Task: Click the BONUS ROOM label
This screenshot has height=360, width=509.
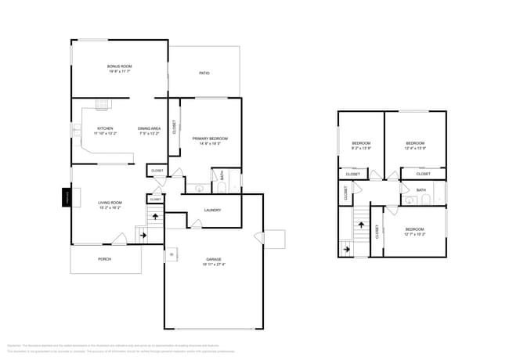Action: coord(120,67)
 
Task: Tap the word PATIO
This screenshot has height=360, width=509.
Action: coord(204,74)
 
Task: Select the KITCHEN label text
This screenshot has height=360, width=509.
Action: coord(105,128)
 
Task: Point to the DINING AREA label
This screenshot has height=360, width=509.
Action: coord(149,128)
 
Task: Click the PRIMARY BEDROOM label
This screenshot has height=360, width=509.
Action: coord(208,139)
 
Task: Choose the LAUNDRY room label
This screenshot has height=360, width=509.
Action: coord(211,210)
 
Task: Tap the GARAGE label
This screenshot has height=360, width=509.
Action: coord(214,259)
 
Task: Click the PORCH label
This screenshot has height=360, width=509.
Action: coord(104,258)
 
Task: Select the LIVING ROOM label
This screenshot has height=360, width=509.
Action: coord(110,203)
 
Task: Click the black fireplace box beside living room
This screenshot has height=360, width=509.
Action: coord(67,198)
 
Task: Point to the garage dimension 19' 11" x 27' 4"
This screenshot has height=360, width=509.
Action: coord(214,265)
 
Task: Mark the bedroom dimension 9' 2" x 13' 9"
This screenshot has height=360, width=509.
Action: coord(361,148)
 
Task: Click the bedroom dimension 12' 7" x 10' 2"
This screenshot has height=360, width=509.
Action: coord(414,234)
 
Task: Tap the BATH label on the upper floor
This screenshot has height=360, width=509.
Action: coord(421,190)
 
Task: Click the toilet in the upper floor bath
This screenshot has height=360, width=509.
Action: coord(424,200)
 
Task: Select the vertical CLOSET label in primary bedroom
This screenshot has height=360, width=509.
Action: coord(174,126)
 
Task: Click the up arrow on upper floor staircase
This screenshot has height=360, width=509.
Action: coord(361,225)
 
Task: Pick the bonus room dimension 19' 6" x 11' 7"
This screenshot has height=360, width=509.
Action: coord(120,72)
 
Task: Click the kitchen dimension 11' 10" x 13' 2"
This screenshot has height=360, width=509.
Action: coord(105,134)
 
